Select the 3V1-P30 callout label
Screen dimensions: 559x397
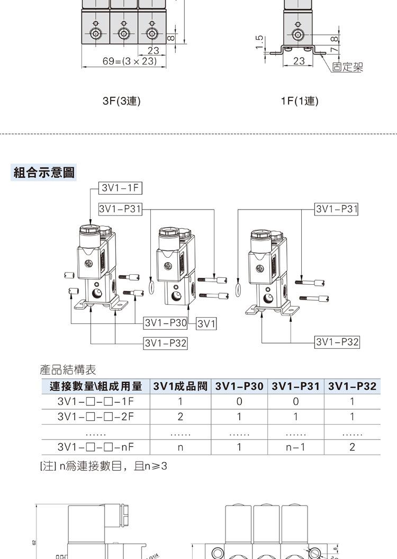coord(165,322)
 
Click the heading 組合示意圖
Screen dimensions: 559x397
coord(44,172)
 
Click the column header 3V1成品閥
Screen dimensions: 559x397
coord(180,386)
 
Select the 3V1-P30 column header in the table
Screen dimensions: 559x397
coord(239,386)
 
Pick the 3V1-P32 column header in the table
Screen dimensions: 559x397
coord(352,386)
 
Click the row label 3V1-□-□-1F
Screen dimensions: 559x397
coord(95,401)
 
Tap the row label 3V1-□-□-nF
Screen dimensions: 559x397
coord(95,447)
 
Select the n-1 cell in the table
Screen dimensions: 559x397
coord(295,447)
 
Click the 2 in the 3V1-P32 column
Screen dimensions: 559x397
coord(352,447)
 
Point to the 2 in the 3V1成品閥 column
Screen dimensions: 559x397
coord(180,417)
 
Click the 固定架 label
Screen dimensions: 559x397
coord(347,67)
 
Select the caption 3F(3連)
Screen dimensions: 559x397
coord(122,101)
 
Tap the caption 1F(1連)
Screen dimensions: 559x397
coord(300,101)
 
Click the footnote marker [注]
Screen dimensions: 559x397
coord(48,466)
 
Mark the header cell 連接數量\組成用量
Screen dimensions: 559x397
coord(95,386)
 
